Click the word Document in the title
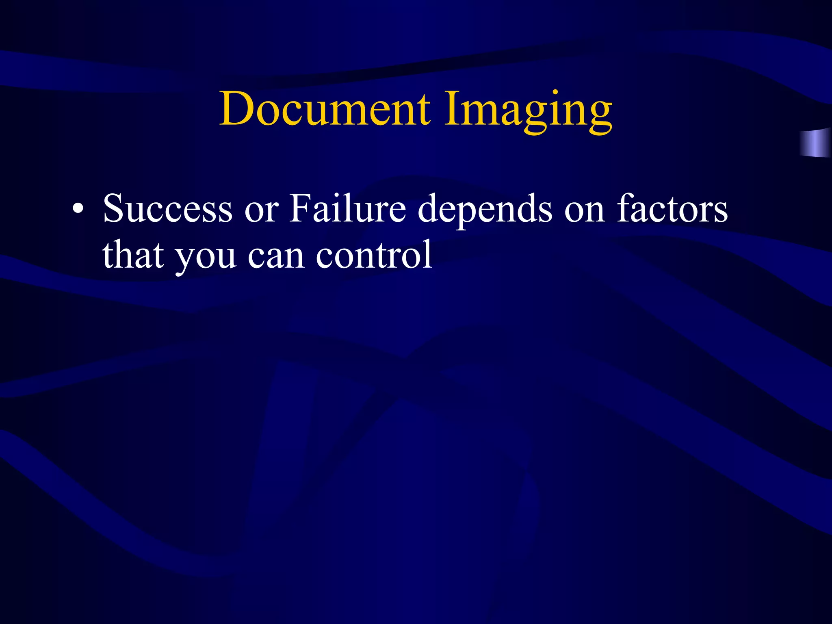point(325,109)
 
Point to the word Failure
point(347,208)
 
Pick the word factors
point(672,208)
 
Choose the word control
point(374,255)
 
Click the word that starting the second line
point(133,255)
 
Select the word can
point(276,257)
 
